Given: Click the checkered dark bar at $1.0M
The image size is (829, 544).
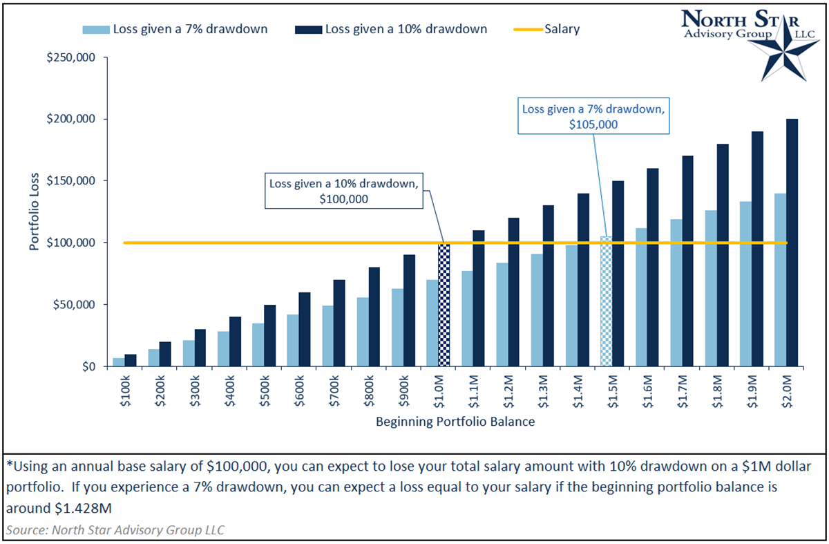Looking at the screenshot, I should tap(444, 304).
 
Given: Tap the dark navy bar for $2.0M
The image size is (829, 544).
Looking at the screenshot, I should tap(792, 243).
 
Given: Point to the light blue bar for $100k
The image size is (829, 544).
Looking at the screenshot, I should tap(119, 362).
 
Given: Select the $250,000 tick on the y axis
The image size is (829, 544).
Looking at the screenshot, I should tap(73, 57).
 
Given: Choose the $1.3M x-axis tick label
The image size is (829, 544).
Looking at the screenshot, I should tap(543, 392).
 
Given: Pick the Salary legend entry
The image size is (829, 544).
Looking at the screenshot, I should tap(546, 29).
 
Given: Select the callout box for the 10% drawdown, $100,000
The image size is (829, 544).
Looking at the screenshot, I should tap(343, 189).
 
